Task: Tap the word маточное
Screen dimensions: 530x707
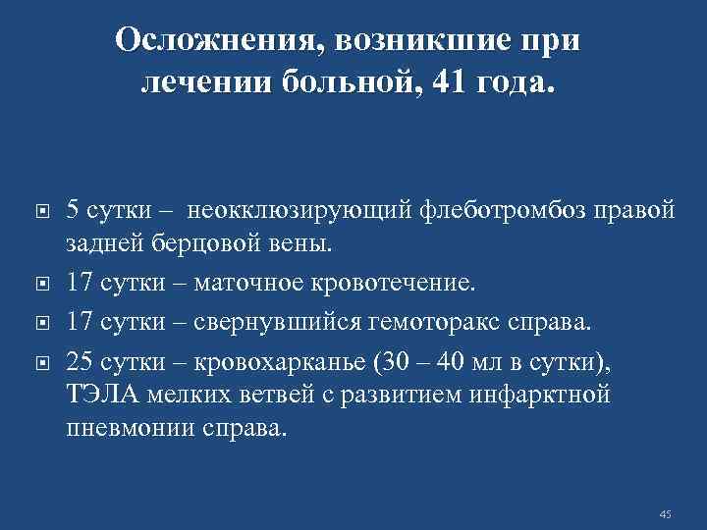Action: coord(246,284)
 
